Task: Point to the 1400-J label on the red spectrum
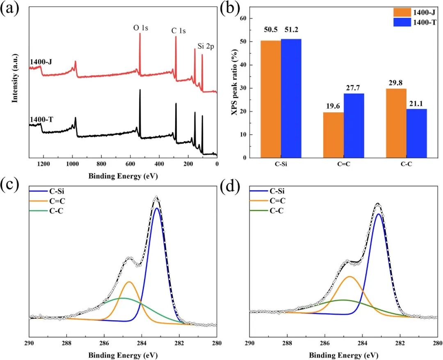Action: (41, 62)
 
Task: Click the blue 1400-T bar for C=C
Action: (354, 125)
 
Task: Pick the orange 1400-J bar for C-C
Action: (396, 123)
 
